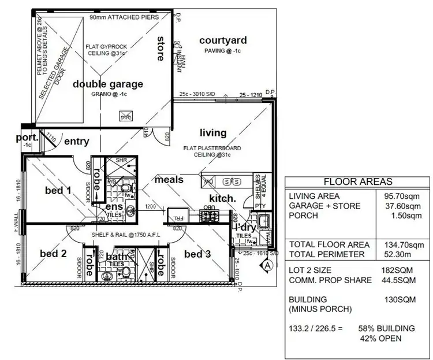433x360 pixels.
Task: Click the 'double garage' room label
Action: tap(107, 84)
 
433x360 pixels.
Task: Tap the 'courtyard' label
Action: tap(223, 40)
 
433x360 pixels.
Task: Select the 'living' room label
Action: tap(213, 132)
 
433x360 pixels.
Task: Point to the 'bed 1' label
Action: tap(58, 190)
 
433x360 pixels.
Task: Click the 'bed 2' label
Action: tap(53, 253)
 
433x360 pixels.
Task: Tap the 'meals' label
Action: tap(169, 180)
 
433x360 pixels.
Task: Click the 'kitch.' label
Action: tap(222, 198)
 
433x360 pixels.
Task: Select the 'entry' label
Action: tap(76, 141)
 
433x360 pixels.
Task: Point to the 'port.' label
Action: tap(27, 138)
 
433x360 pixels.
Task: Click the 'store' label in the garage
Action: tap(161, 49)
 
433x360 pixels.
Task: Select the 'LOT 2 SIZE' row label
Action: tap(312, 270)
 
